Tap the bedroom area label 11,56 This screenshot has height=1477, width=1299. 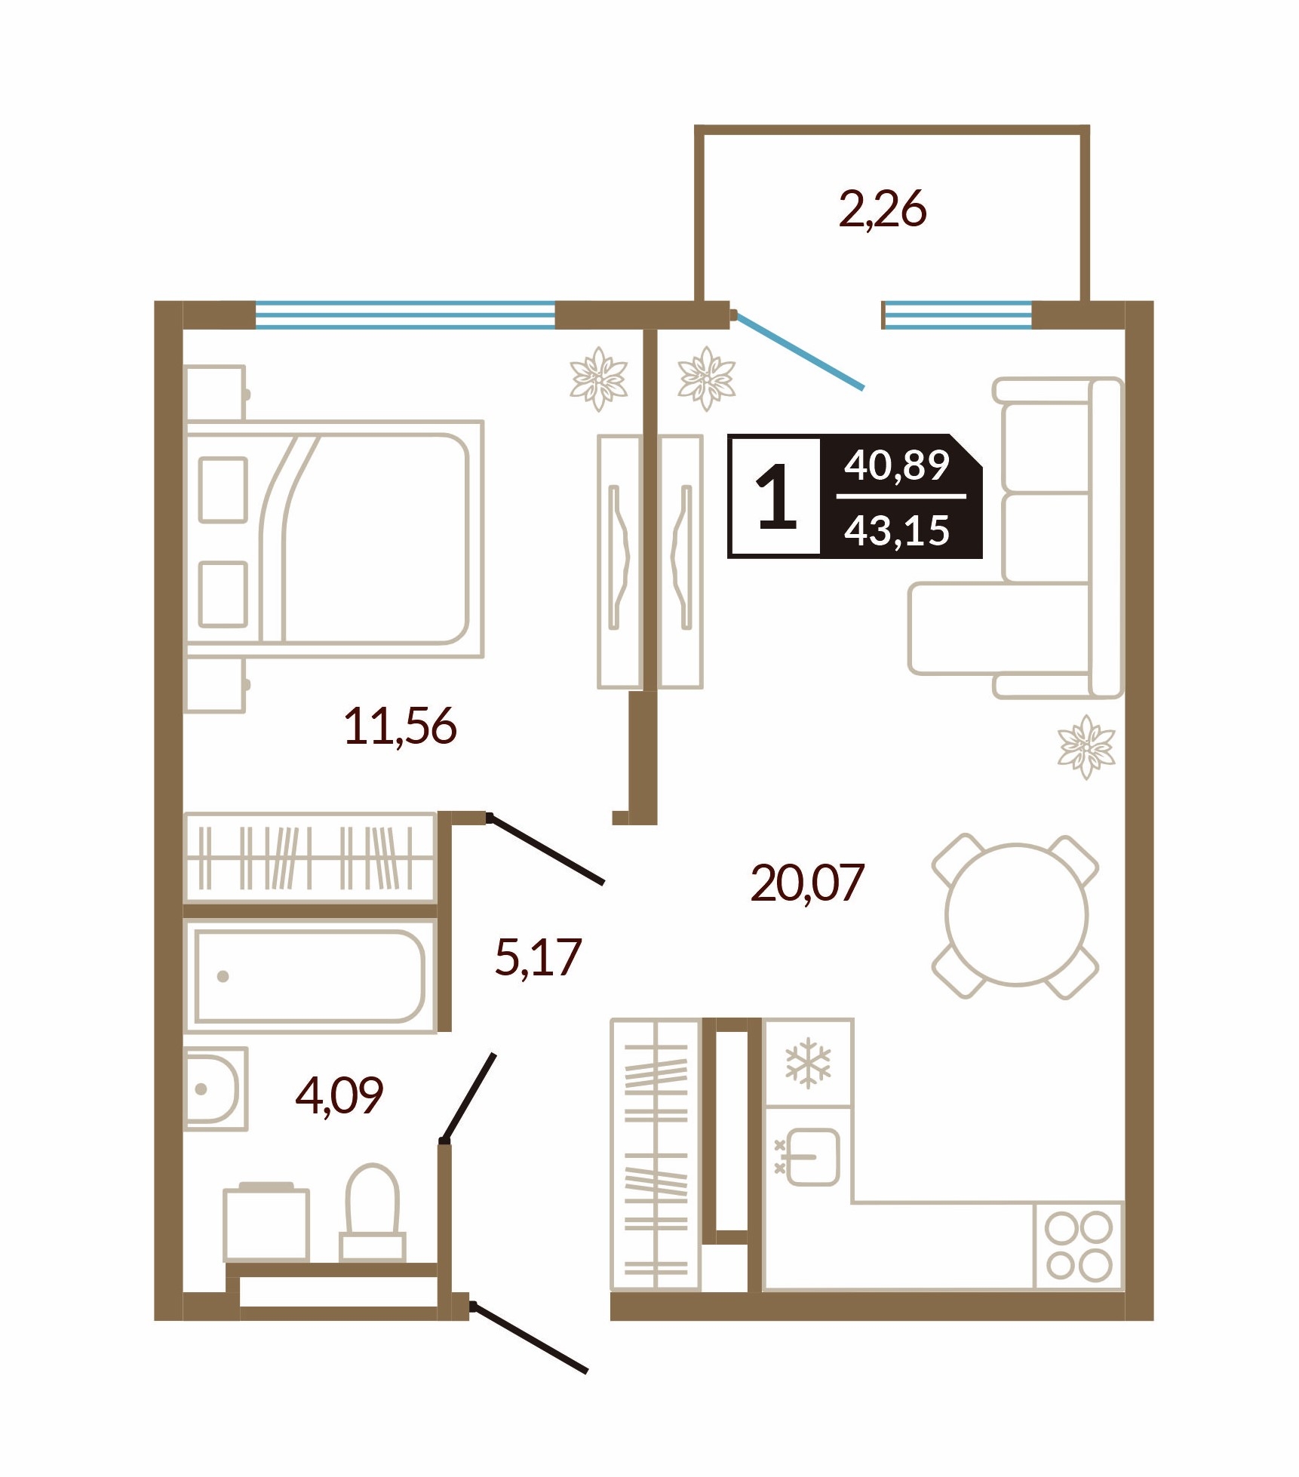click(x=400, y=726)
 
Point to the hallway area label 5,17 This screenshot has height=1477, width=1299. click(x=538, y=957)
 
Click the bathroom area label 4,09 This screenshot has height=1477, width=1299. click(x=339, y=1095)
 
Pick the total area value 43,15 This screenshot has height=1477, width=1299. click(x=896, y=530)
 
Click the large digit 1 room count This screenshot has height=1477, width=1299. click(x=776, y=496)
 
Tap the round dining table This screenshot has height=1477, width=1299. click(x=1016, y=915)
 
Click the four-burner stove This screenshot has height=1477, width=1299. click(x=1079, y=1245)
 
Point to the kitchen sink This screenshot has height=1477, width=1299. click(x=808, y=1156)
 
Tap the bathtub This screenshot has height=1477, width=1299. click(x=309, y=975)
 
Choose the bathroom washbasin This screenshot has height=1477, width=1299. click(x=216, y=1089)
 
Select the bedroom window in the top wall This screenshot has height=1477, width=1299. click(x=405, y=315)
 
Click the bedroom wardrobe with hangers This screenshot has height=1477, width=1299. click(x=310, y=857)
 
